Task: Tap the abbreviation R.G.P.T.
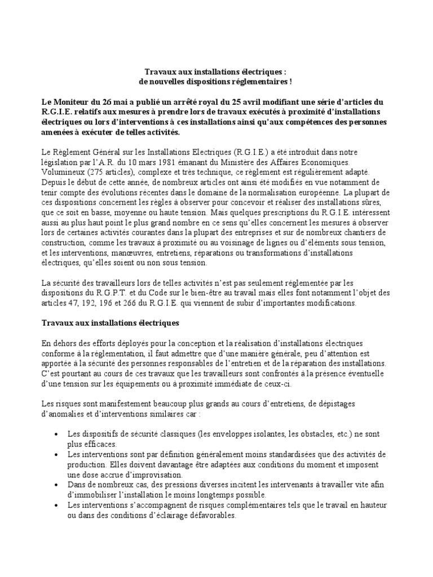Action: pos(111,293)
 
